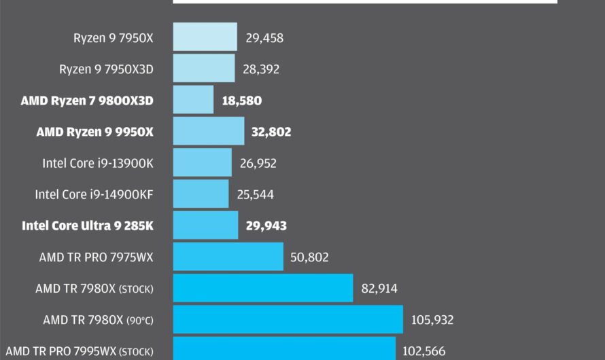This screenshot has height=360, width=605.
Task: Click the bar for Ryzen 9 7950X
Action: (205, 37)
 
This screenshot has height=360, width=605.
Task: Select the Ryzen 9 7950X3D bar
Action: (204, 69)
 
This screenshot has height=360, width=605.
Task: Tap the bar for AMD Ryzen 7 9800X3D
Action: (193, 100)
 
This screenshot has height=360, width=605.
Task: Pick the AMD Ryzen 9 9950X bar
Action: (209, 131)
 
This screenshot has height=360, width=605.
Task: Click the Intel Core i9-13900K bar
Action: (203, 163)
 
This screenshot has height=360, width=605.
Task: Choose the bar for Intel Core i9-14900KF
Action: (201, 194)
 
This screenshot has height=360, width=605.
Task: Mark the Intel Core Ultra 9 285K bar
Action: (206, 226)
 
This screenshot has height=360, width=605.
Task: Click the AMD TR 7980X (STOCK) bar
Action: (263, 288)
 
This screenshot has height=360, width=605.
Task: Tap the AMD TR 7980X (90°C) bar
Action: (288, 319)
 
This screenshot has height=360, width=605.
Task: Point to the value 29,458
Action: (264, 38)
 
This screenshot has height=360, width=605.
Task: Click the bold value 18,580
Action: (241, 101)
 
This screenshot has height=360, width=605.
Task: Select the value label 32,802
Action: (271, 132)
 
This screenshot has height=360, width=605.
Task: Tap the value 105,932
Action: (432, 320)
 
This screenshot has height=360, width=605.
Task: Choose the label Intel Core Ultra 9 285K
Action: (88, 226)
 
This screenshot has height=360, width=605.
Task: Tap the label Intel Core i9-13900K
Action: (98, 163)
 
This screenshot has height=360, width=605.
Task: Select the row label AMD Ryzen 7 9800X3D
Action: (87, 101)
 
